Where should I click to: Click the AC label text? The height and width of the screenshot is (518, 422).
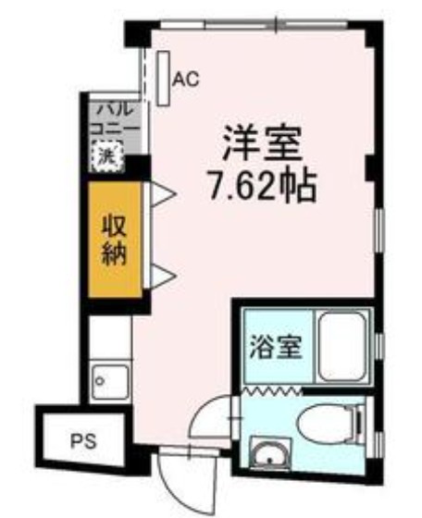click(186, 80)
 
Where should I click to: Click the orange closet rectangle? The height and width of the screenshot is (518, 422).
click(115, 239)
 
